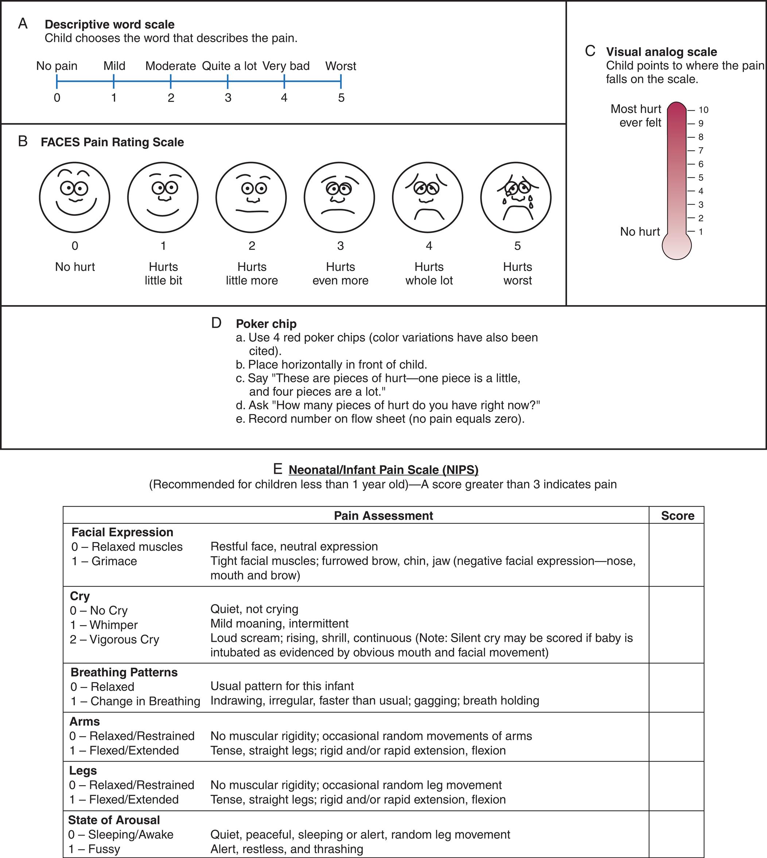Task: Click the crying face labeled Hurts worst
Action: pos(516,197)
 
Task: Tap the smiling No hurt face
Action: pos(75,197)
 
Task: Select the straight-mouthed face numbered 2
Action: pos(251,197)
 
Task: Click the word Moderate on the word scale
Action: pos(170,66)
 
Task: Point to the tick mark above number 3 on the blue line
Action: pos(228,81)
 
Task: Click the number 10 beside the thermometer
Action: pos(704,110)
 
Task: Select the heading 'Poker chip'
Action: pos(266,324)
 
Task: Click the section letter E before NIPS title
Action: pos(277,469)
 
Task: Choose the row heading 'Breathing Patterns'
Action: pos(124,672)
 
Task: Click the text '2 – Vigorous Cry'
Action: pos(114,639)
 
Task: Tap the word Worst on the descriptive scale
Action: pos(341,66)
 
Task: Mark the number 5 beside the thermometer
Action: pos(701,178)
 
